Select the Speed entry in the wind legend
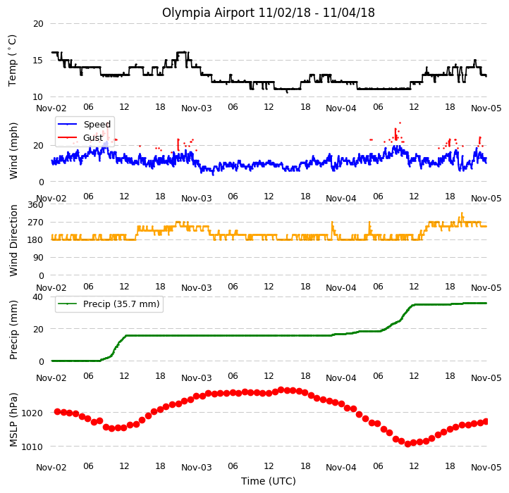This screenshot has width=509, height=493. point(97,124)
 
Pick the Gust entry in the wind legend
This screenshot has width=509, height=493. point(93,138)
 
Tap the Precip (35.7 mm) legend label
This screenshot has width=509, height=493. point(121,304)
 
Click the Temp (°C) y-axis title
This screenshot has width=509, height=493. point(12,61)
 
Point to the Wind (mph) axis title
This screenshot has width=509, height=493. point(13,151)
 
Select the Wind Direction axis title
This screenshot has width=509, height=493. point(13,240)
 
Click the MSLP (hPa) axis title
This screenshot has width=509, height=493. point(13,420)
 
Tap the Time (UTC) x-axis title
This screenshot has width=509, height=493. point(269,481)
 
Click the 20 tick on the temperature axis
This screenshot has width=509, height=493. point(38,24)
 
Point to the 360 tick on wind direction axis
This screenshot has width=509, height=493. point(35,205)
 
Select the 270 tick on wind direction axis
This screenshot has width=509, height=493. point(35,223)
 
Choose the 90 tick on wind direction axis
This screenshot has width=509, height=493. point(38,258)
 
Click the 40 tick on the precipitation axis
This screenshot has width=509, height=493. point(37,297)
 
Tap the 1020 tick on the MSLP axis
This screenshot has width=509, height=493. point(32,413)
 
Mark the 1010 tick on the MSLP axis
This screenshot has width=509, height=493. point(32,447)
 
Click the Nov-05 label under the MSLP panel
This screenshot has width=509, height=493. point(486,468)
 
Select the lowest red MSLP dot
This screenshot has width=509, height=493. point(408,444)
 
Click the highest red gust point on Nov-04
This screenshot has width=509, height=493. point(400,123)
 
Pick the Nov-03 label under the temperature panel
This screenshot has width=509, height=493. point(197,108)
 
